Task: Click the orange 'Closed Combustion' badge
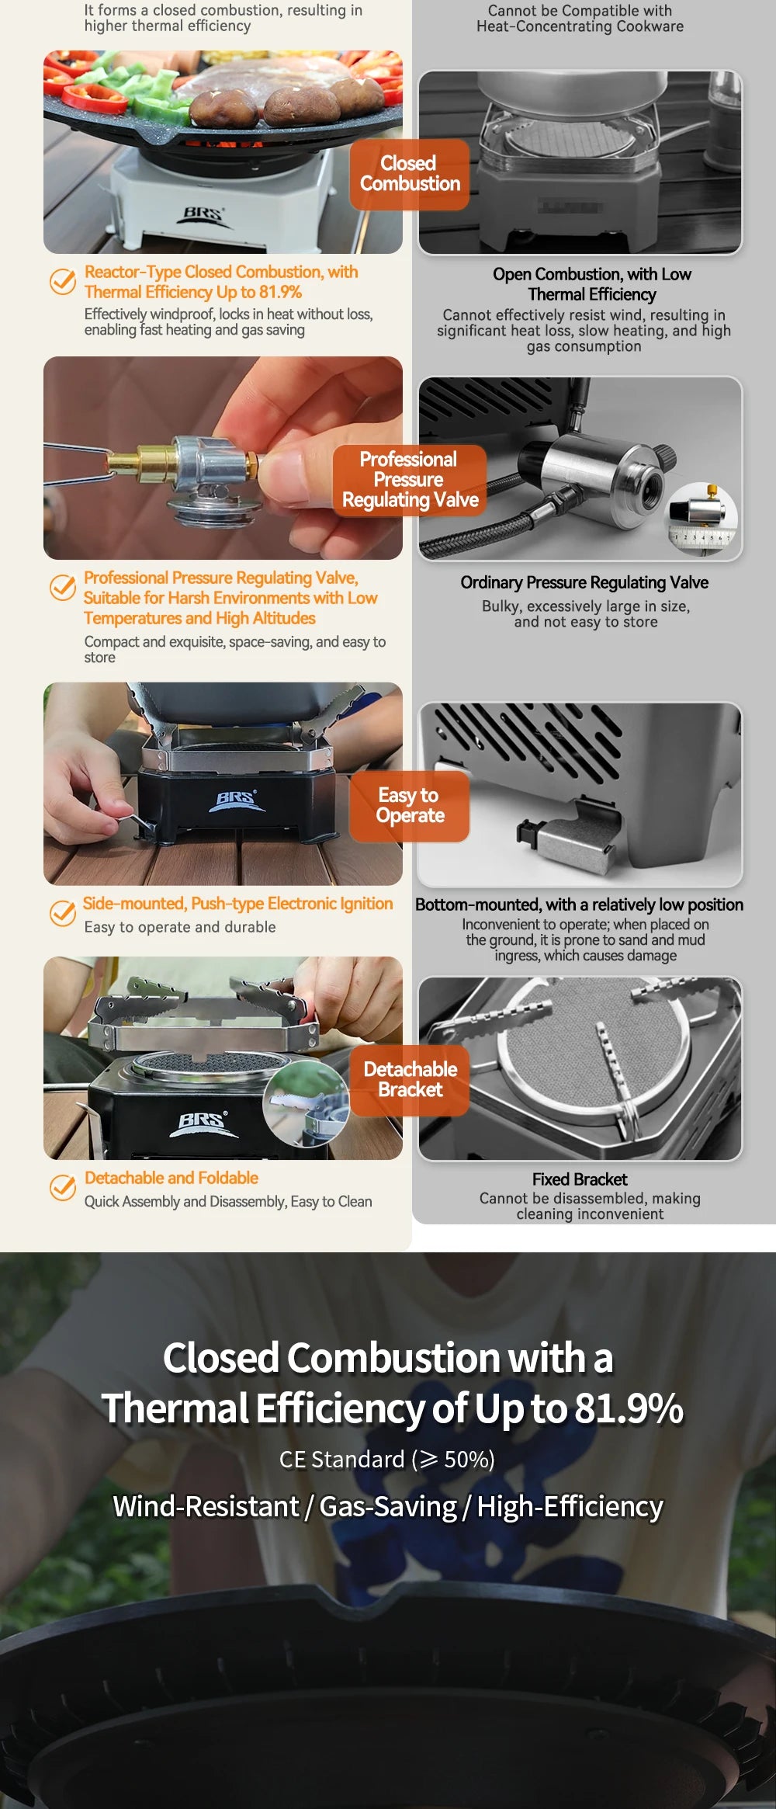[409, 174]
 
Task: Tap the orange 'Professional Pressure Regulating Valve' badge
[409, 480]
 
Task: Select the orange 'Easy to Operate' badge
[409, 806]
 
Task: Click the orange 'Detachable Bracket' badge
[409, 1080]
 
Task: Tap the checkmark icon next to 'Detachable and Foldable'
[62, 1188]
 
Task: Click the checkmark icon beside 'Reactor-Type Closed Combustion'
[62, 281]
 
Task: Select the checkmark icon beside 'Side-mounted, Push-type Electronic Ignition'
[62, 913]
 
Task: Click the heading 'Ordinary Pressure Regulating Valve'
[584, 583]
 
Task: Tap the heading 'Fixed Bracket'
[579, 1179]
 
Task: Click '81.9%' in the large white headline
[629, 1408]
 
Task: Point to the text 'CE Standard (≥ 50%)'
[386, 1460]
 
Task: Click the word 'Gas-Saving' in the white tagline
[388, 1507]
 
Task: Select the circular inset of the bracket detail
[306, 1104]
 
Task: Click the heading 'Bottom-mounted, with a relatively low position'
[579, 904]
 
